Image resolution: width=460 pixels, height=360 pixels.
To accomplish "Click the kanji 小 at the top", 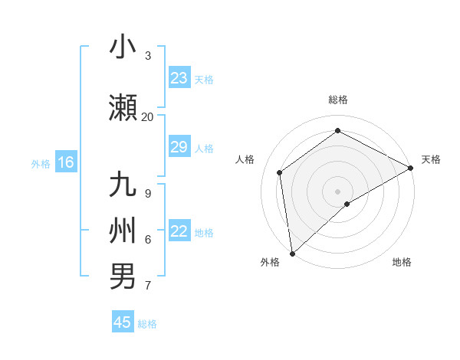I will [123, 47].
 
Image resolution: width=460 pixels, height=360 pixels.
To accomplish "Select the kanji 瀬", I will [123, 108].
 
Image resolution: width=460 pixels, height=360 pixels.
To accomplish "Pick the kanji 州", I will [123, 231].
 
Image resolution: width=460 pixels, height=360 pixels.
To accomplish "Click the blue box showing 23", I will [179, 78].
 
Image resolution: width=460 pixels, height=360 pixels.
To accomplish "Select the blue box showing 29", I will [179, 147].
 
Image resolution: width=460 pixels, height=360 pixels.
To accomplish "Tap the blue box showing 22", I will [179, 231].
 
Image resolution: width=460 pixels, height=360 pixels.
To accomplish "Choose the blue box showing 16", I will [66, 162].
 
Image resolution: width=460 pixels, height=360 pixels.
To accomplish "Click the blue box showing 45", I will [123, 322].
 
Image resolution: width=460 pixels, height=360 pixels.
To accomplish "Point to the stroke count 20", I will [147, 116].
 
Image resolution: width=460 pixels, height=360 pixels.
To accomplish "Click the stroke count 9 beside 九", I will [147, 193].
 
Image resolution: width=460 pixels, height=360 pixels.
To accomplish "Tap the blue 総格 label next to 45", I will [147, 324].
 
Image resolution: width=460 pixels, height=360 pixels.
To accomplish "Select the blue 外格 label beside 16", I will [41, 163].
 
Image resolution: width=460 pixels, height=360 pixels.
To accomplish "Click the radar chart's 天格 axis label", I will [431, 159].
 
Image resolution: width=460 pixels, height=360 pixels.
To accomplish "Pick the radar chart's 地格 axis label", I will [402, 262].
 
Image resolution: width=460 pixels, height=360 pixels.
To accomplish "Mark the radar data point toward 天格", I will [411, 168].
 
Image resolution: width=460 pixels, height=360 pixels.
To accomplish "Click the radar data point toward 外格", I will [292, 253].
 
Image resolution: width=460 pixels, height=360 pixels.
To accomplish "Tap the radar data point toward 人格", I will [280, 172].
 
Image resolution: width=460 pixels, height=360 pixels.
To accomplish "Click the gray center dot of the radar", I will [337, 191].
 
